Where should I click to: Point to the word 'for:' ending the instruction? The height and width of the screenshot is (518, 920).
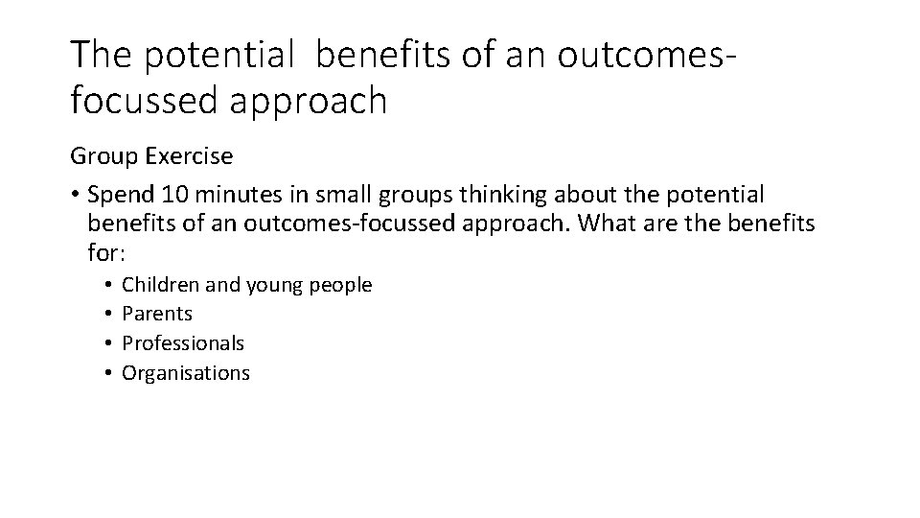[x=106, y=254]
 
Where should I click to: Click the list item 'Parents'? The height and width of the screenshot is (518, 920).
[x=157, y=314]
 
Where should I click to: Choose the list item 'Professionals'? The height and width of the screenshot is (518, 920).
[x=183, y=343]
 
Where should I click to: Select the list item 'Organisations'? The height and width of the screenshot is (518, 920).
[x=186, y=373]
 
